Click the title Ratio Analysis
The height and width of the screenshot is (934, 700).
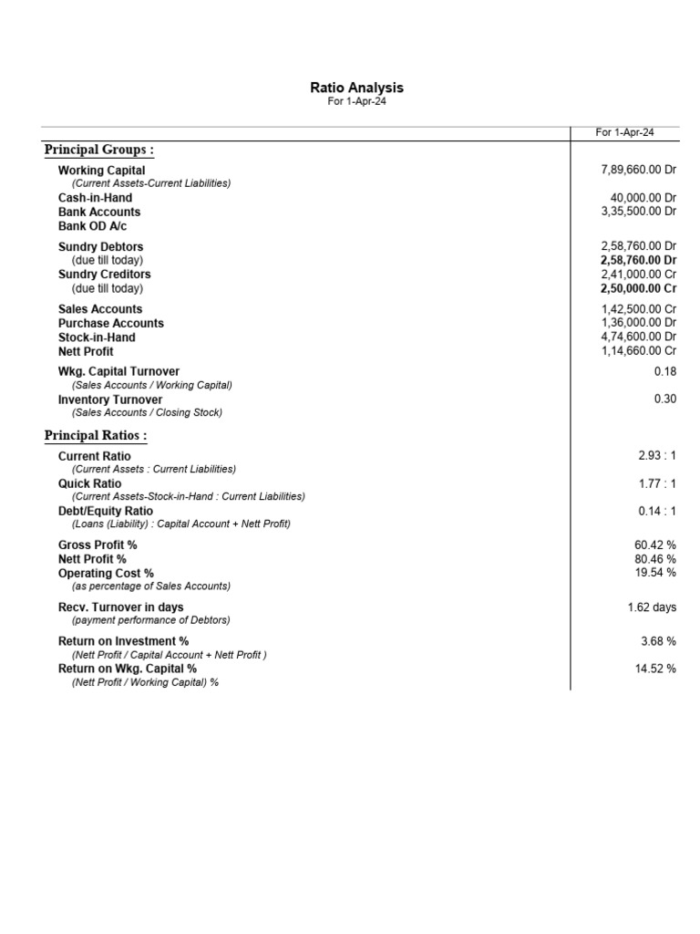pos(356,88)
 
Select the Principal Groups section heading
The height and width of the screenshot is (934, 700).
pos(99,150)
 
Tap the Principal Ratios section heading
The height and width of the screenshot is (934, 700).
pos(96,436)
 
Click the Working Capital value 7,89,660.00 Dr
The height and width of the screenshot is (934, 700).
pos(638,170)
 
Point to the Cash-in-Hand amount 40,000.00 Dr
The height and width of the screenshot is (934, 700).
pos(643,198)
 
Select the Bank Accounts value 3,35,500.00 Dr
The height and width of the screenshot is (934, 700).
pos(638,212)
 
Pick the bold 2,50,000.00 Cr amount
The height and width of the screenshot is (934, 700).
pos(638,288)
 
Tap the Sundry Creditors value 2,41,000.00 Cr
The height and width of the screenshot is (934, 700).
pos(638,275)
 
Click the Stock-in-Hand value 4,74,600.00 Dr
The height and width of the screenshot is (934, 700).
pos(638,337)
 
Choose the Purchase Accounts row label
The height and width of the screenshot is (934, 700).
pos(111,323)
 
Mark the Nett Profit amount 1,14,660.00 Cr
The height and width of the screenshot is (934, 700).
pos(638,351)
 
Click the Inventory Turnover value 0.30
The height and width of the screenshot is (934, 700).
pos(664,400)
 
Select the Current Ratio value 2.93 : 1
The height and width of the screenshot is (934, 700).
pos(656,455)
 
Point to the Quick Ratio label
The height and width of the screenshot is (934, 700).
pos(89,483)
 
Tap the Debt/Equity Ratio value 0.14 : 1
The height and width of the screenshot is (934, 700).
pos(656,512)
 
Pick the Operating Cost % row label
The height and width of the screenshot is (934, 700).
pos(106,574)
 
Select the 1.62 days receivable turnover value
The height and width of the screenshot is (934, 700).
pos(652,607)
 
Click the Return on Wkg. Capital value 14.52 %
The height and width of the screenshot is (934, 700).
pos(654,669)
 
